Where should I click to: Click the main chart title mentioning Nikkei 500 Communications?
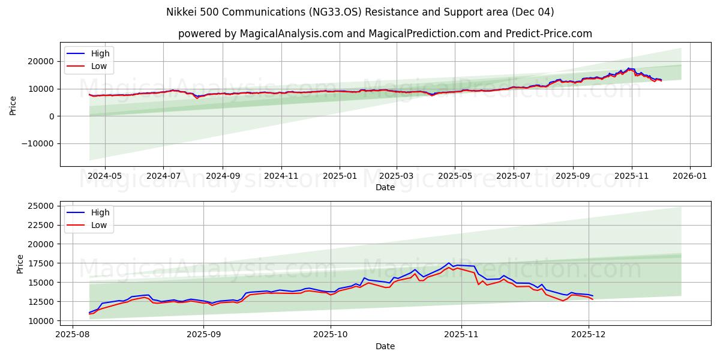click(x=360, y=12)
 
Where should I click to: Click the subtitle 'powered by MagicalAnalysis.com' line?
click(x=385, y=34)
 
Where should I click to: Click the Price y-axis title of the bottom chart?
click(x=20, y=263)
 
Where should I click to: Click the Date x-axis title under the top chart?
click(x=385, y=187)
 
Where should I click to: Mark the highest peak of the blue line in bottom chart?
click(x=449, y=263)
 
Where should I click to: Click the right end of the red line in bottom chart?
click(x=593, y=299)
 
